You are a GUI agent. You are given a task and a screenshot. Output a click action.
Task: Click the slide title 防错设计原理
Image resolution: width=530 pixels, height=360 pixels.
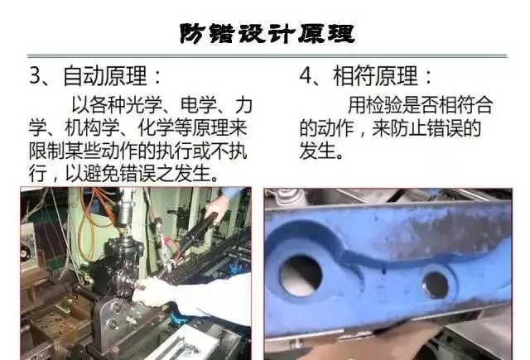[x=267, y=34]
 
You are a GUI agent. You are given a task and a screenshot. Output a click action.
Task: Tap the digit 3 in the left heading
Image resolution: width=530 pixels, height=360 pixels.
[x=35, y=75]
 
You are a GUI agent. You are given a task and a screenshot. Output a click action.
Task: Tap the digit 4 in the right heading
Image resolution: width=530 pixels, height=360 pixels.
[x=306, y=75]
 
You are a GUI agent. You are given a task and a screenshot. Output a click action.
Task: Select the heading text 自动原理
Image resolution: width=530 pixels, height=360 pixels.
[x=105, y=75]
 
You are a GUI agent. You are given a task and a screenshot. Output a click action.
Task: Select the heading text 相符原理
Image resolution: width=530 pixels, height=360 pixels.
[x=375, y=75]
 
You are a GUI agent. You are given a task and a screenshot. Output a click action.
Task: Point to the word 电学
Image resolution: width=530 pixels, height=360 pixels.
[x=199, y=105]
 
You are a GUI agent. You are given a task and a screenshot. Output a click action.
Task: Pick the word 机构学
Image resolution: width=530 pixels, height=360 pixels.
[x=92, y=128]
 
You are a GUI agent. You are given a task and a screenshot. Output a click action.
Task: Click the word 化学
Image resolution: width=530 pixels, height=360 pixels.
[x=156, y=128]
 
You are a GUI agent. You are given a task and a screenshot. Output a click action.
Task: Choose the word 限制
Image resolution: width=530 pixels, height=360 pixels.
[x=46, y=151]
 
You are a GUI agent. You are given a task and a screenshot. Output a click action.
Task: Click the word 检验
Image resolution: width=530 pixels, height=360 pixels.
[x=383, y=105]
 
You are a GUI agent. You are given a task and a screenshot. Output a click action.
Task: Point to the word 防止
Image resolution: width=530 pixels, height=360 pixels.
[x=408, y=128]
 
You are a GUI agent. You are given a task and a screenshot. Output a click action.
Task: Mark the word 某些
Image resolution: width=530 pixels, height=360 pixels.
[x=83, y=151]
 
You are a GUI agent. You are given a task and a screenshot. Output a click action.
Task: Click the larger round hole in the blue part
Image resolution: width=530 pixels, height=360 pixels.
[x=301, y=274]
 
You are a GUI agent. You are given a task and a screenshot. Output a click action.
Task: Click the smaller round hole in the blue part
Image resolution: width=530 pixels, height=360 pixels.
[x=436, y=285]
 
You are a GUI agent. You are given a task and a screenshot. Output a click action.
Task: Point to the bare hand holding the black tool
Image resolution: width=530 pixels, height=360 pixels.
[x=217, y=208]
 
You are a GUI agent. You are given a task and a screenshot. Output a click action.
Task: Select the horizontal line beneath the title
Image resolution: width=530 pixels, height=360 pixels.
[x=267, y=55]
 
